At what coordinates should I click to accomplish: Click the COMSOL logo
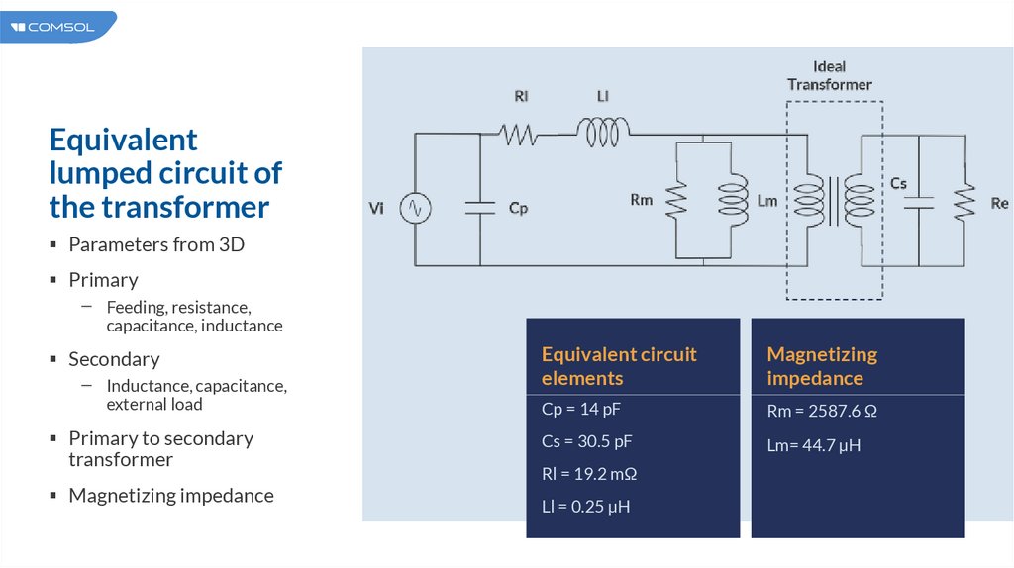pos(55,27)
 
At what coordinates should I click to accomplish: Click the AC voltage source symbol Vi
pos(414,208)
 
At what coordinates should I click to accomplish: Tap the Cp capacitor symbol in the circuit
pos(480,208)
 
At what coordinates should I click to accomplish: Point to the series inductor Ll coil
pos(602,133)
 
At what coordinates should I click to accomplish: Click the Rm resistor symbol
pos(676,201)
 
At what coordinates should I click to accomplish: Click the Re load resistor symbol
pos(960,202)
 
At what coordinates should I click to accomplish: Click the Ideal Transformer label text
pos(830,75)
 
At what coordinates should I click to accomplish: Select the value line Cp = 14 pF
pos(581,409)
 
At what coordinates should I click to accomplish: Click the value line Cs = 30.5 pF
pos(587,441)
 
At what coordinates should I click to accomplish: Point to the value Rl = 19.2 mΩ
pos(589,474)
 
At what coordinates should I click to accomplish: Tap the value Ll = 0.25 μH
pos(586,507)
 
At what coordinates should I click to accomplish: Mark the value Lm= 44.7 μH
pos(814,445)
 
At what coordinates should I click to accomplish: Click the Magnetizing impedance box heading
pos(823,366)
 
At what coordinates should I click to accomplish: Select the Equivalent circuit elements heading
pos(619,366)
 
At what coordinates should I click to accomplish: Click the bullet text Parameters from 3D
pos(156,244)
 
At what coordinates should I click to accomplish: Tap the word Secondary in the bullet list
pos(114,359)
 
